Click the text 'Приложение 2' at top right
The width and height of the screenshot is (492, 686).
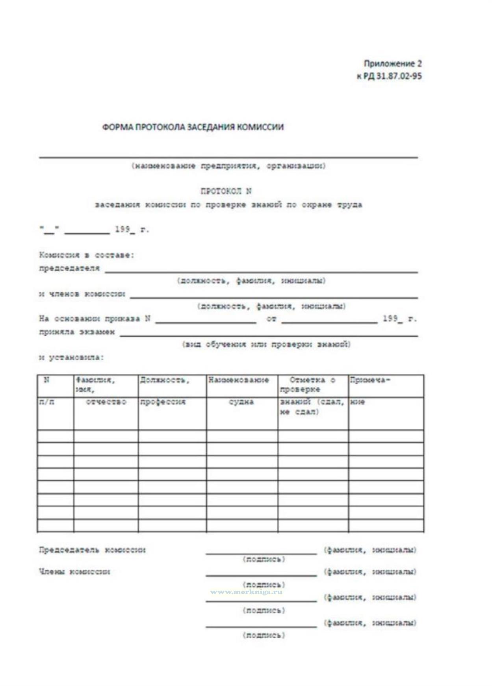(x=392, y=63)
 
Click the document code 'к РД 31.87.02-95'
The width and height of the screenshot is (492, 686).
(x=389, y=76)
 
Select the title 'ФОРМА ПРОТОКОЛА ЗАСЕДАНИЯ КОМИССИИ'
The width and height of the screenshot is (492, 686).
(x=193, y=127)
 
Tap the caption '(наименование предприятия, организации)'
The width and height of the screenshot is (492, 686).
(x=228, y=166)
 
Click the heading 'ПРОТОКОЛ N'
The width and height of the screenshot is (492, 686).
(x=226, y=191)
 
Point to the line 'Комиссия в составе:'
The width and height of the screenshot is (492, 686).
(x=87, y=255)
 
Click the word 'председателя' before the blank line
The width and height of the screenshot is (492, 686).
(x=69, y=268)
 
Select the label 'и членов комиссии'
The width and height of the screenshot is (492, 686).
(x=82, y=294)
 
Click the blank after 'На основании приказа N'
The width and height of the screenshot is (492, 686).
(x=206, y=320)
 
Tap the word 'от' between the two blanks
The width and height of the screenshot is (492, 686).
(x=271, y=319)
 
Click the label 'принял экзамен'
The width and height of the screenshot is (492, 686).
(x=77, y=332)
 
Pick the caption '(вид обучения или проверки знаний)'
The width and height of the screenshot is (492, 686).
(x=266, y=345)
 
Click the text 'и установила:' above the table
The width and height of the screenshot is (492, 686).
(x=71, y=358)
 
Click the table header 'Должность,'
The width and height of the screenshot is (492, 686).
(x=164, y=380)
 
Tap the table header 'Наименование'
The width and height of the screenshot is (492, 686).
(x=239, y=380)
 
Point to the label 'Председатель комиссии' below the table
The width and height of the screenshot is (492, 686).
(x=92, y=550)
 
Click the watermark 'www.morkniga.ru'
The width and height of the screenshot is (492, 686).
(x=246, y=592)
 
